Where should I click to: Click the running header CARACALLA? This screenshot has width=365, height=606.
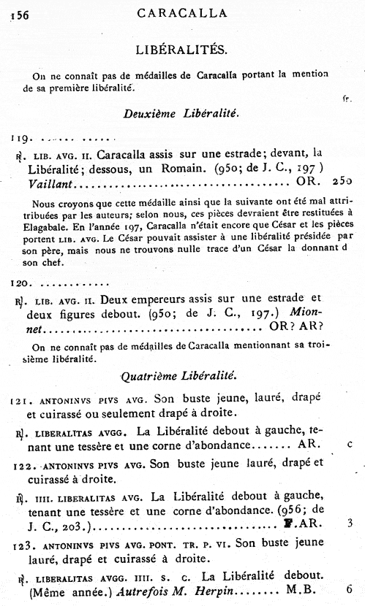(x=182, y=12)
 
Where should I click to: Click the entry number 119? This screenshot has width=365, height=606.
(x=20, y=137)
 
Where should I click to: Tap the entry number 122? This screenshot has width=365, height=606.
(x=22, y=464)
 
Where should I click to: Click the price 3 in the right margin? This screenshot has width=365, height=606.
(x=350, y=523)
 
